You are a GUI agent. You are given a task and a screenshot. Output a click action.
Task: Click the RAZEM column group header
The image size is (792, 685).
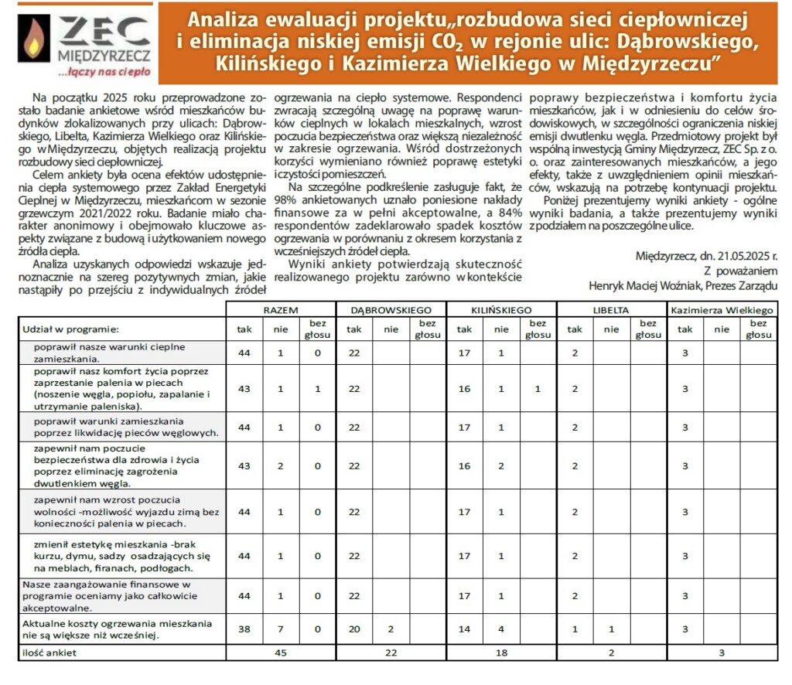[281, 309]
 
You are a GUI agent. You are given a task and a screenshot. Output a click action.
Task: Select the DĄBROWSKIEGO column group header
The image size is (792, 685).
[391, 309]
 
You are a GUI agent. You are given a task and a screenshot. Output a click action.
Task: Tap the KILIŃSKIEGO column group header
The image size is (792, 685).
[500, 309]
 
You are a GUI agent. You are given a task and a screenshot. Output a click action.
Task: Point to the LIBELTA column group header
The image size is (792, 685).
[611, 309]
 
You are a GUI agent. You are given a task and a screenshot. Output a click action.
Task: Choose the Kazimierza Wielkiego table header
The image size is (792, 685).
[722, 309]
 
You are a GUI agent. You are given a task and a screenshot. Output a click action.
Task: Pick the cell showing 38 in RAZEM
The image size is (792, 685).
[244, 629]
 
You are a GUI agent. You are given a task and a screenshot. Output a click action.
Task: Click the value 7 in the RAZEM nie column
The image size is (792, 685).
[281, 629]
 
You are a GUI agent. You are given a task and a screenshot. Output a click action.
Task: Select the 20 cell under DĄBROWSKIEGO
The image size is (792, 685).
[354, 629]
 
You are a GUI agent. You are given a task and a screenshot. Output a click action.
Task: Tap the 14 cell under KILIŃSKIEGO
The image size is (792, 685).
[464, 629]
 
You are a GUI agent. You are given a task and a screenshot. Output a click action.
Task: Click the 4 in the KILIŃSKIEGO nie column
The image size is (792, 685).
[501, 629]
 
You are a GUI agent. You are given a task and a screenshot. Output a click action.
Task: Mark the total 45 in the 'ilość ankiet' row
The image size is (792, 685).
[281, 653]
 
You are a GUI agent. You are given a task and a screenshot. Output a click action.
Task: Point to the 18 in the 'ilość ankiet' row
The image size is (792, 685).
[500, 653]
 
